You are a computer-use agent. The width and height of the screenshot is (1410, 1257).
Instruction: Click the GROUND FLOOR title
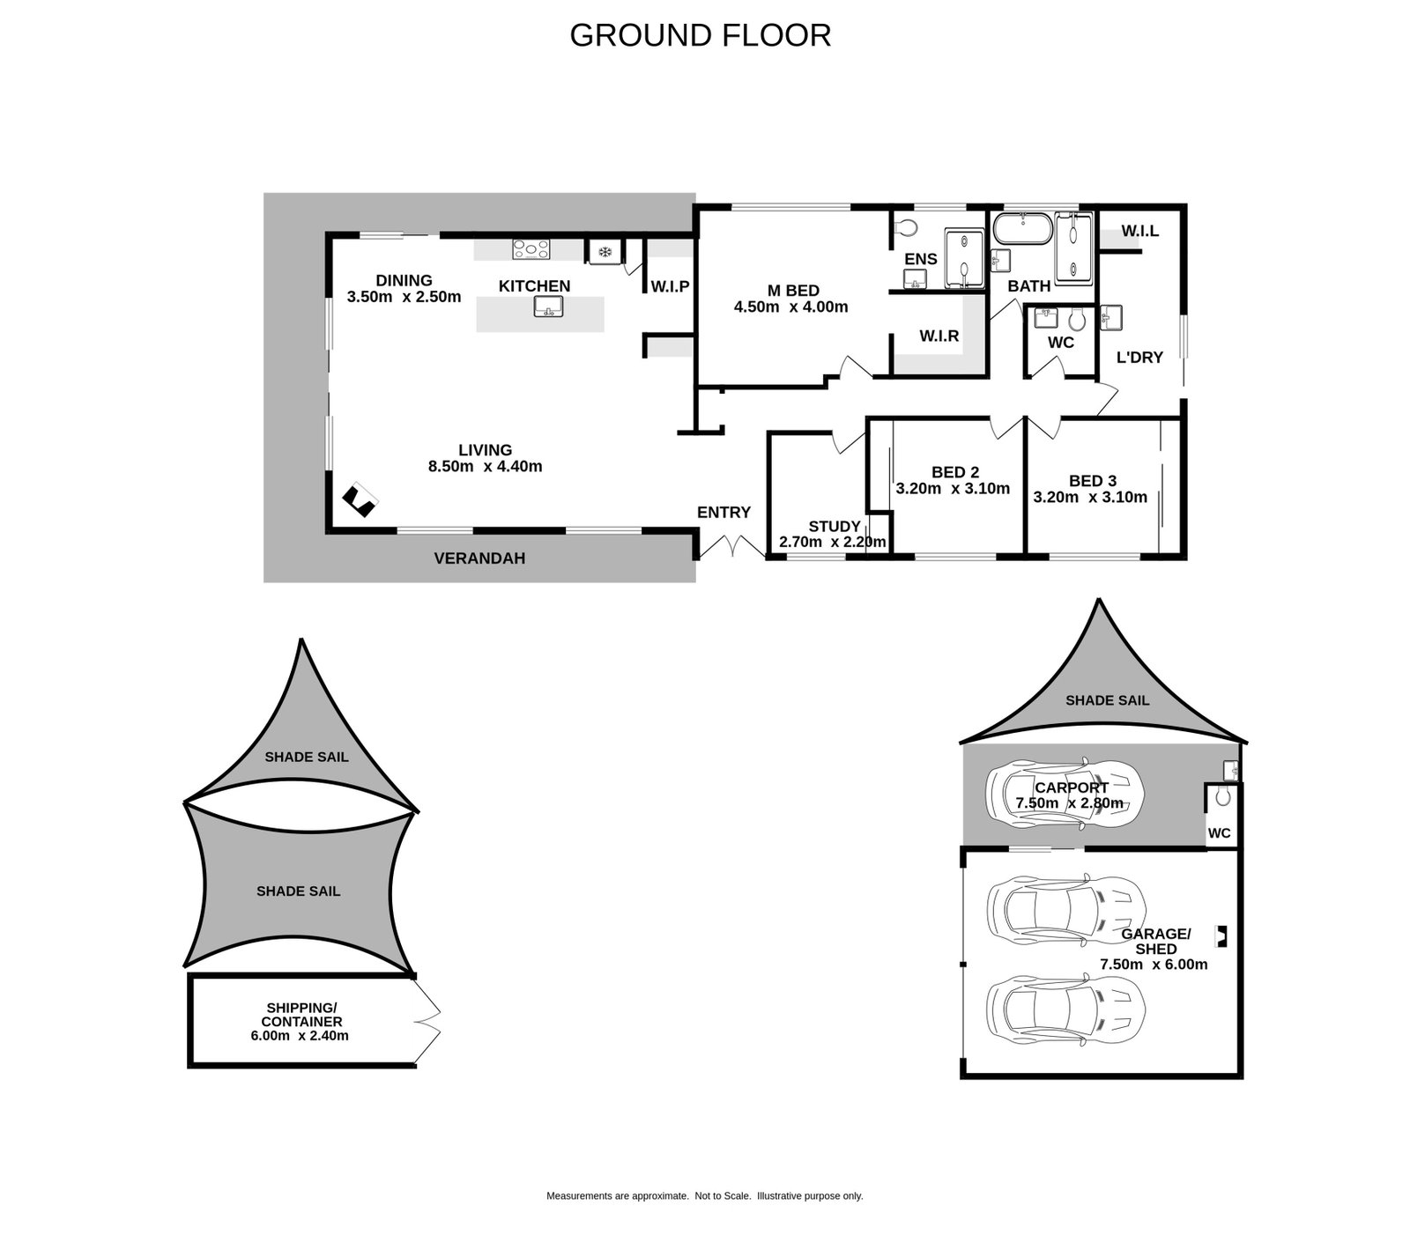point(701,35)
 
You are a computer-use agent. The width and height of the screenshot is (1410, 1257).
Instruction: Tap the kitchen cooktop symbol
point(531,249)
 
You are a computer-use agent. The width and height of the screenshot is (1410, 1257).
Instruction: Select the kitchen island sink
point(548,307)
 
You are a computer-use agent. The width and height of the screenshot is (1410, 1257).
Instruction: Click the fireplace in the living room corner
point(360,500)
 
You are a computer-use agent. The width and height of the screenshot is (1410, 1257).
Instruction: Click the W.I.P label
point(670,286)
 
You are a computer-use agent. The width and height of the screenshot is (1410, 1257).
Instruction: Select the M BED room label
point(793,291)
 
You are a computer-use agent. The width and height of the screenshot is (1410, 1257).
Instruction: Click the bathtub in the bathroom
point(1022,230)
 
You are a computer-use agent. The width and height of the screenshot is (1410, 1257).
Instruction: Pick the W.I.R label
point(939,336)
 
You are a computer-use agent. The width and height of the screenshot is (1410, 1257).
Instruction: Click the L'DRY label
point(1139,358)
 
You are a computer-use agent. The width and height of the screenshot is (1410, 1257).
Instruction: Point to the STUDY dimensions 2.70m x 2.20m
point(833,542)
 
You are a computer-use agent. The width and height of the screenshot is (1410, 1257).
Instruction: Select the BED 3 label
point(1093,481)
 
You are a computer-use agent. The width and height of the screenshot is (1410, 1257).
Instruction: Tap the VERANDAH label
point(479,558)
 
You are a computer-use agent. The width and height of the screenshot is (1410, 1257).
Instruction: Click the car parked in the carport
point(1065,793)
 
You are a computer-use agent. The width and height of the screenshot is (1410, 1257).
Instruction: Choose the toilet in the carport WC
point(1221,797)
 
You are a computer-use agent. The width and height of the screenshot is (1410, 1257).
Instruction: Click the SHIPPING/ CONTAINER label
point(301,1015)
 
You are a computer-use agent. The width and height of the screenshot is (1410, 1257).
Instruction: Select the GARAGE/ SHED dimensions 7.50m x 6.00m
point(1154,965)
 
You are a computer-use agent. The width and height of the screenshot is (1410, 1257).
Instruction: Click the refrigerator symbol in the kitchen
point(605,252)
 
